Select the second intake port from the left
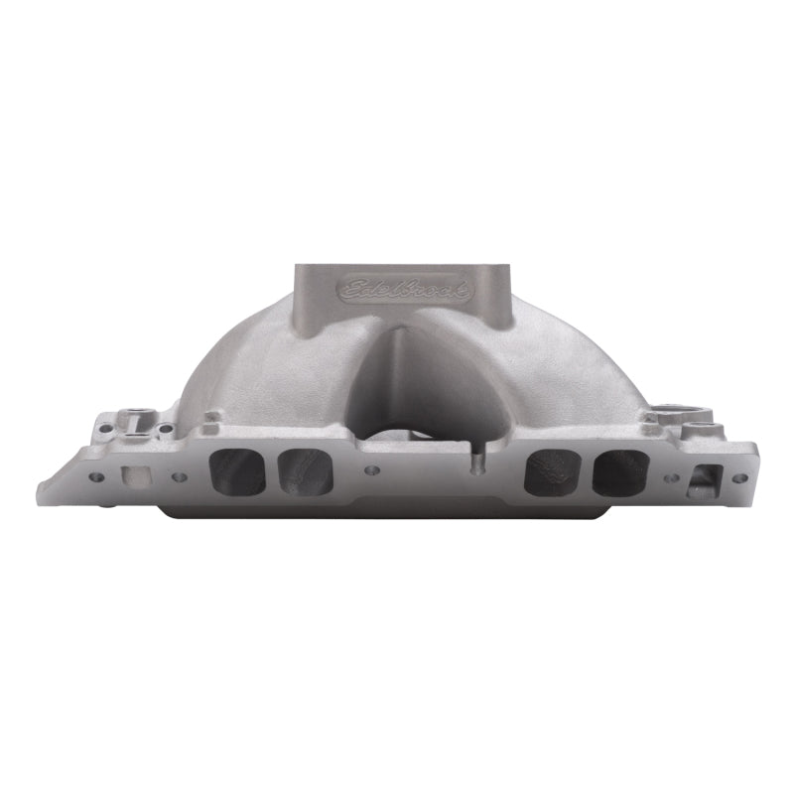coord(302,470)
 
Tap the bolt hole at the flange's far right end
coord(739,477)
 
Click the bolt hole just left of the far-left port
coord(180,477)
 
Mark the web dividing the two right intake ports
coord(584,471)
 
